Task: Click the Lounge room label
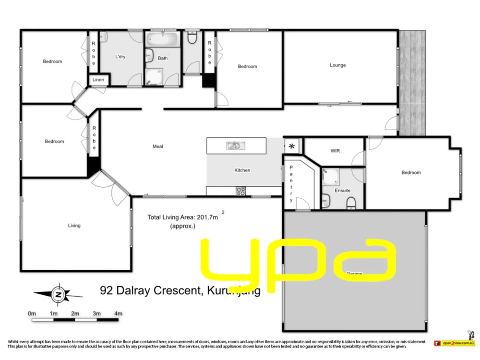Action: (337, 65)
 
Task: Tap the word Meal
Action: (157, 146)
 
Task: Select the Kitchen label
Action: (242, 170)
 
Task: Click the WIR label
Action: (335, 151)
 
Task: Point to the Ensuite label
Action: (342, 191)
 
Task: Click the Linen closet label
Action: (98, 80)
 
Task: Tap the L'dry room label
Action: (120, 57)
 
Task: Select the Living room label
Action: (74, 226)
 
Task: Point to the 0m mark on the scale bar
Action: (32, 314)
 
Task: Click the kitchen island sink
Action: (236, 145)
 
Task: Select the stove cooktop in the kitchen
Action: (240, 191)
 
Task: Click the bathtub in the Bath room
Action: (162, 39)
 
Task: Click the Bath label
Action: (163, 59)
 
